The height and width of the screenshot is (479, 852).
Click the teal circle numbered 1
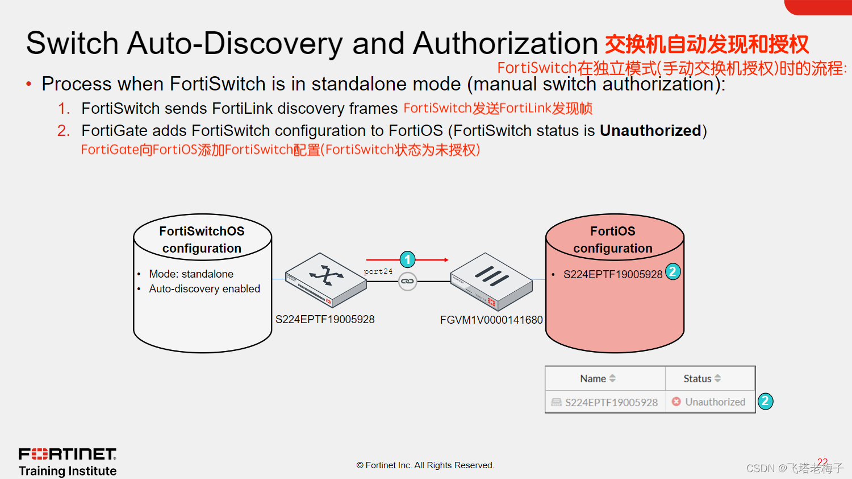[407, 260]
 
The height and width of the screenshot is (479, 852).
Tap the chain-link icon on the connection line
[407, 281]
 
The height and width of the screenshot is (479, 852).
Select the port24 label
[378, 271]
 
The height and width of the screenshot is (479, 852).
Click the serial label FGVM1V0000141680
[491, 320]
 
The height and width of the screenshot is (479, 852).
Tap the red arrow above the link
[432, 260]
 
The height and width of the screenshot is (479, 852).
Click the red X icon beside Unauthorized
[676, 402]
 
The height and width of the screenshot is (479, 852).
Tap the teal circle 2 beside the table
[765, 401]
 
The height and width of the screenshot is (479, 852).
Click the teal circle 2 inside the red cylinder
[673, 271]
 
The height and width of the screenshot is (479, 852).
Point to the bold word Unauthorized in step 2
[650, 131]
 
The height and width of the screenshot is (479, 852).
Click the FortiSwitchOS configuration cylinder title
[202, 239]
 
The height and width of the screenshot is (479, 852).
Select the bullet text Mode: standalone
[191, 274]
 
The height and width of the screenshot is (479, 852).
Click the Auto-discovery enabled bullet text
[204, 289]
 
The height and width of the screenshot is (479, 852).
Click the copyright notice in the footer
[425, 465]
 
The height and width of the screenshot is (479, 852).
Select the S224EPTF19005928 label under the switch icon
[325, 320]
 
